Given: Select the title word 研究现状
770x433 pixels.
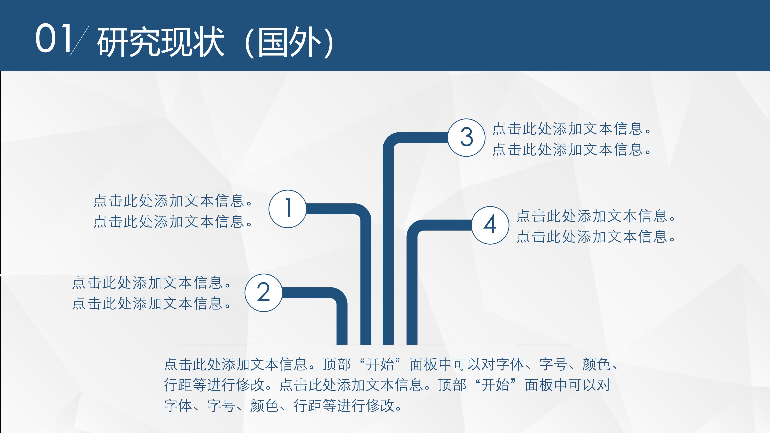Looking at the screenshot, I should [x=160, y=42].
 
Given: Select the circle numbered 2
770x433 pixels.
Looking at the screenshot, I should [x=263, y=293].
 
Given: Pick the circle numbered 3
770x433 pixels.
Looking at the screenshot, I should [x=466, y=138].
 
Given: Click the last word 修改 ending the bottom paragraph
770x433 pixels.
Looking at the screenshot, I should [x=380, y=406].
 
